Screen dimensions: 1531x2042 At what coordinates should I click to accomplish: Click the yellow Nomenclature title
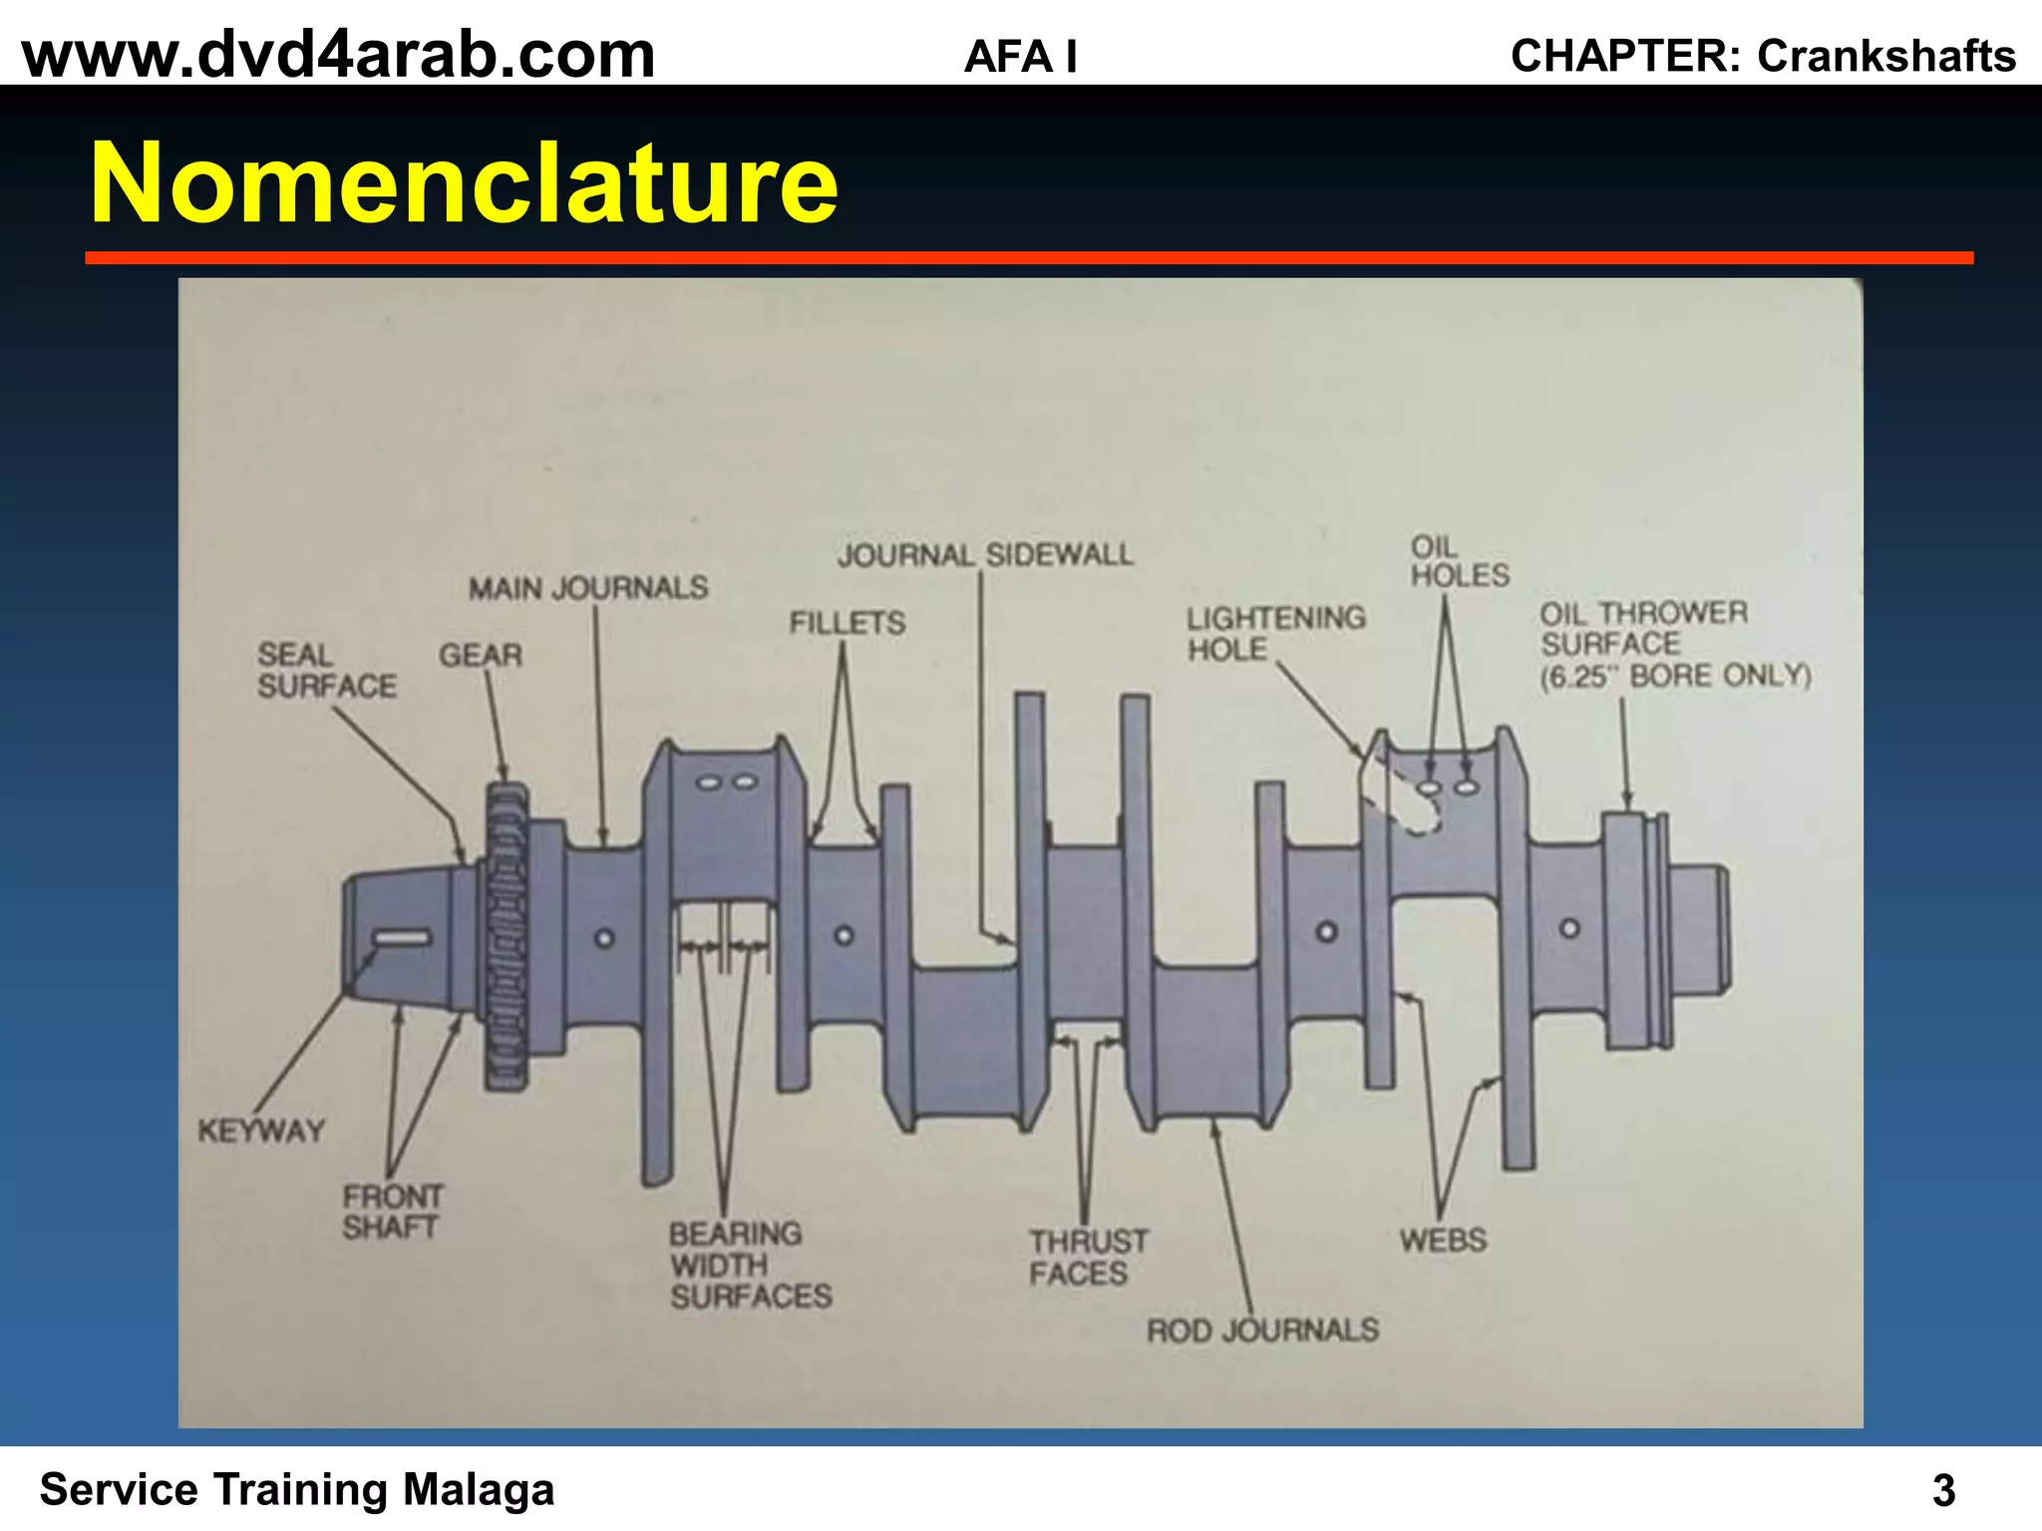464,183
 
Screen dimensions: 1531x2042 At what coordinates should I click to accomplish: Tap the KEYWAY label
261,1131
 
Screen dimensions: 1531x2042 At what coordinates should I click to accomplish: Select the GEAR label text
481,655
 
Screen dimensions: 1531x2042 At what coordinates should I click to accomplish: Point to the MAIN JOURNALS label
588,588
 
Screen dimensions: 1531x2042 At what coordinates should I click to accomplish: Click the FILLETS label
848,623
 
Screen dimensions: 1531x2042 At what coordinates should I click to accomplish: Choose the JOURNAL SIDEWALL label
985,554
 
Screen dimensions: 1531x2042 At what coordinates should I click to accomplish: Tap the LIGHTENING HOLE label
1275,633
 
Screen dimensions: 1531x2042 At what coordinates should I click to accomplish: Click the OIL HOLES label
1459,561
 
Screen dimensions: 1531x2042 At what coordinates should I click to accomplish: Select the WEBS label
1443,1240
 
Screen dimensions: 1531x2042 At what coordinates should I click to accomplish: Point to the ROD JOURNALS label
1262,1330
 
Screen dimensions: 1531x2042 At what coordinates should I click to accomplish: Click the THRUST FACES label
1088,1257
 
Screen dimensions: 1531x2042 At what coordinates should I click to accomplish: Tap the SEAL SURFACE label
326,670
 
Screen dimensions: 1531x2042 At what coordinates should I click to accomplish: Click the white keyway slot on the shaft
402,938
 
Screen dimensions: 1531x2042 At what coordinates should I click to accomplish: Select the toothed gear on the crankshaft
507,937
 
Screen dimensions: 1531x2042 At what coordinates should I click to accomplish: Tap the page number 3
1943,1491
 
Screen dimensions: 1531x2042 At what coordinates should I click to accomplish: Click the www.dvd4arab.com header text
339,55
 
